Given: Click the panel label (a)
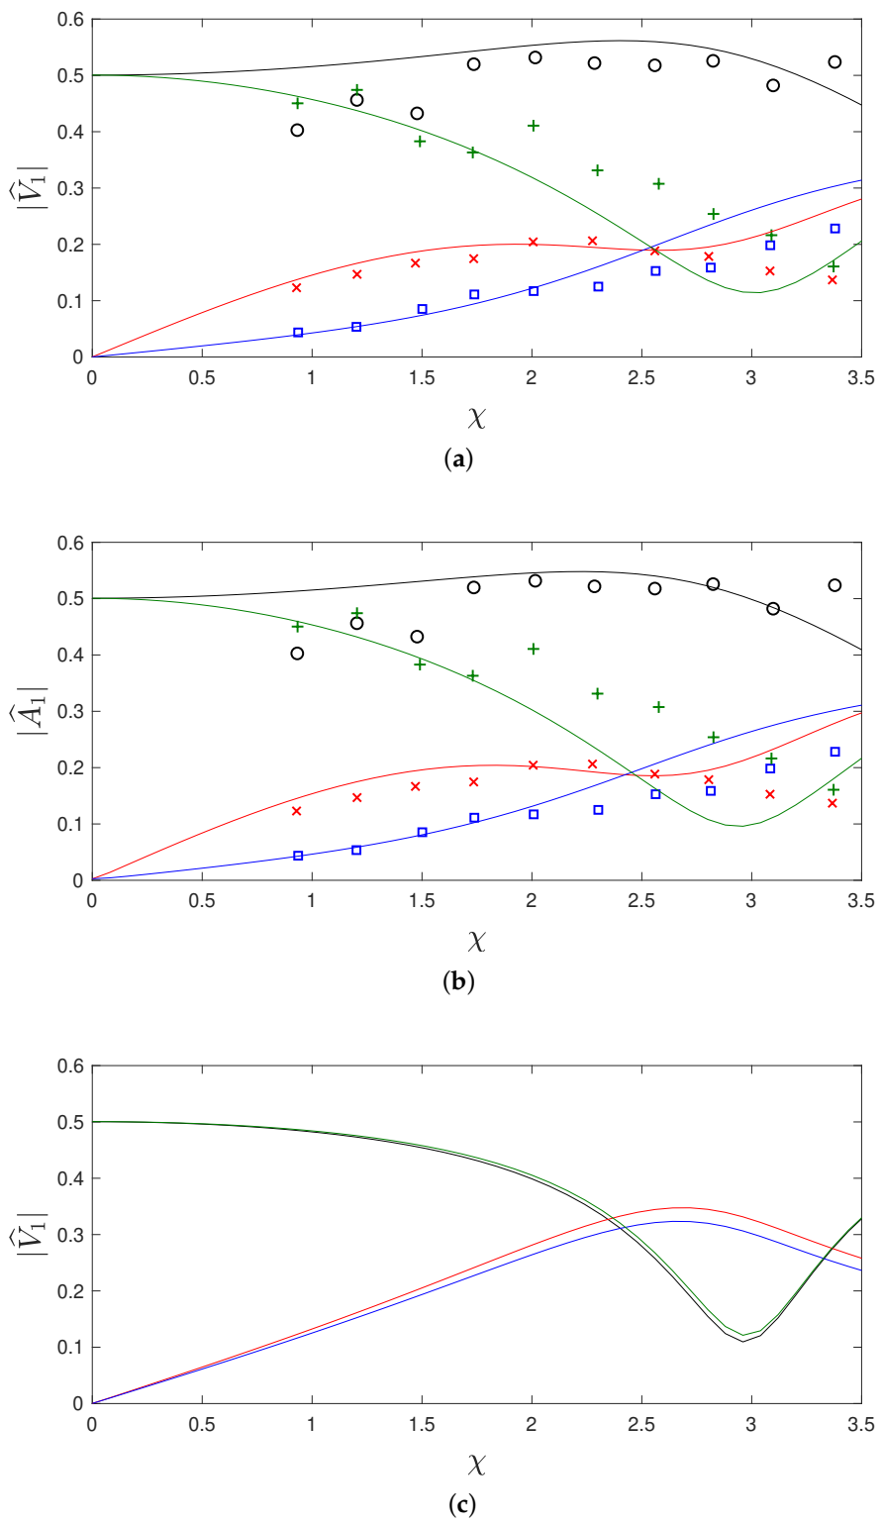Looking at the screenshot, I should (461, 459).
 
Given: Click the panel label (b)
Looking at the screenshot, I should (461, 982).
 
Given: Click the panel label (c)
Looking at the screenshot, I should (461, 1505).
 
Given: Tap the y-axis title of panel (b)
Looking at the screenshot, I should (30, 711).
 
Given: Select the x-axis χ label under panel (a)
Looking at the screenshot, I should (477, 418).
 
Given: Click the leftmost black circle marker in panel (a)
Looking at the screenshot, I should (297, 130).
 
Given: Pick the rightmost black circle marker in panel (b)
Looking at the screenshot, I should (834, 585).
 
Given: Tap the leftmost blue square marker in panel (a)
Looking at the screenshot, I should (298, 333).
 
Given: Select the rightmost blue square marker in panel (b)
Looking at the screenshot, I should (834, 752).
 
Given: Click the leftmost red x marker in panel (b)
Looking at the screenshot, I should (296, 811).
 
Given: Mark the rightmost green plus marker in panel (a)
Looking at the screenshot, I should (833, 266).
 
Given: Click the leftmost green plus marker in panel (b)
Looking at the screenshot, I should (297, 626).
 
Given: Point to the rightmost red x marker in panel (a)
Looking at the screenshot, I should (832, 280).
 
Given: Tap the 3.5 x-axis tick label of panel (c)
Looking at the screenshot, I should (860, 1423).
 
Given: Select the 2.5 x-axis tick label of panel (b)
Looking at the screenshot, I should (641, 900).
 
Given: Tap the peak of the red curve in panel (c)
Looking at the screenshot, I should (681, 1207).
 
